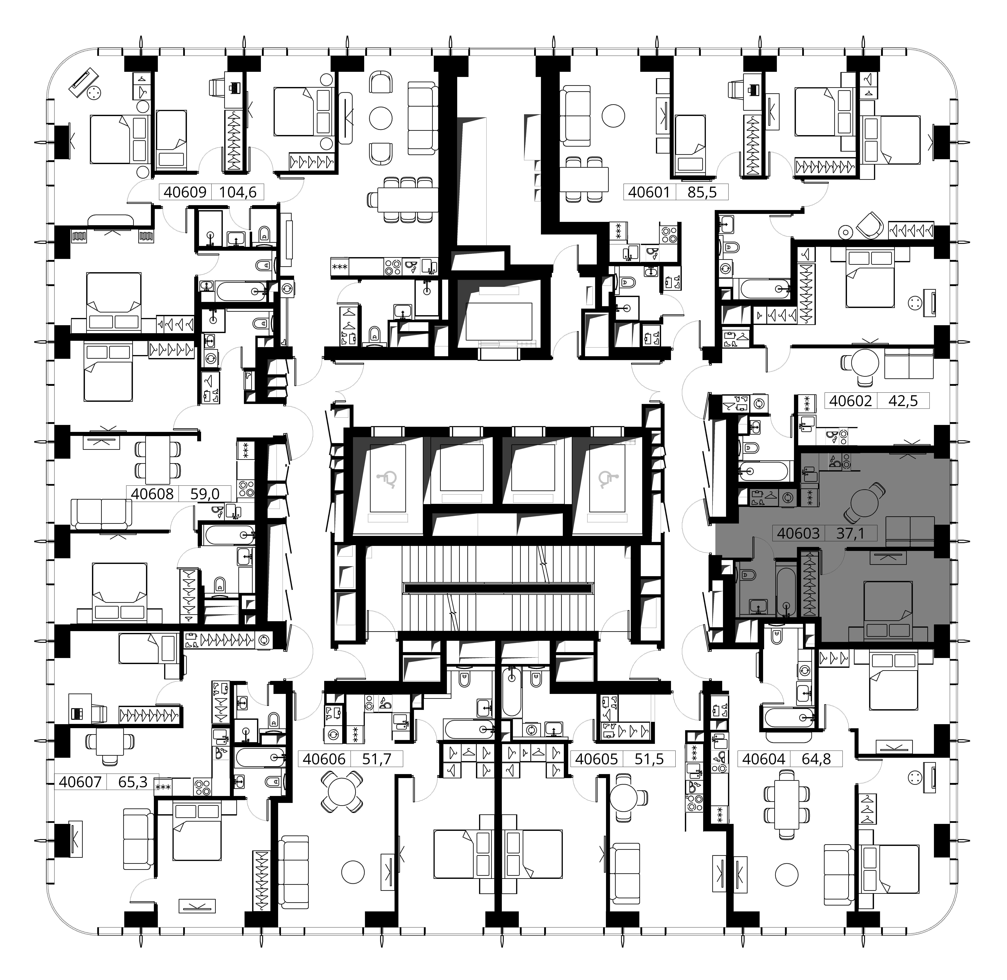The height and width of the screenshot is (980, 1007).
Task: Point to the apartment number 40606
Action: tap(324, 759)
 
